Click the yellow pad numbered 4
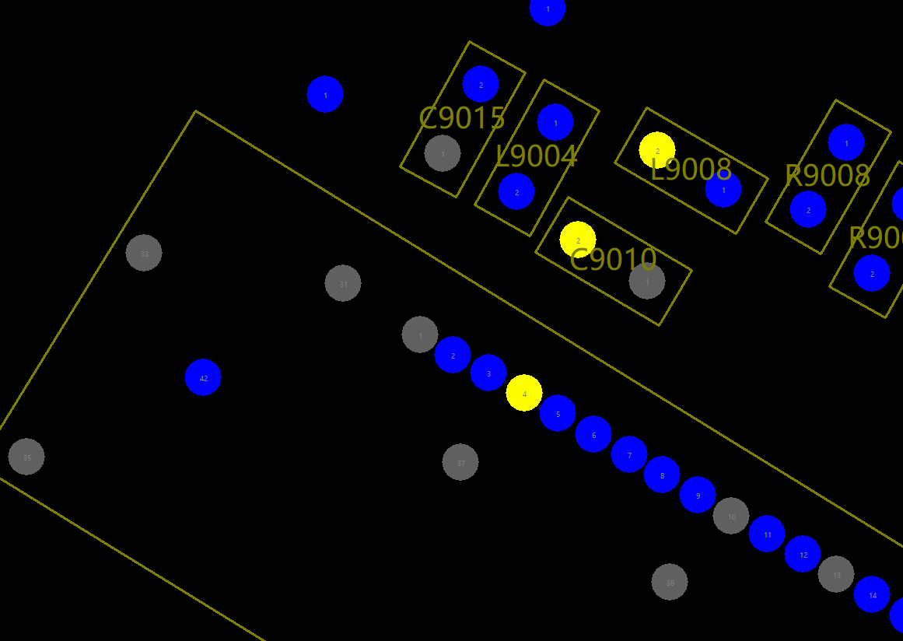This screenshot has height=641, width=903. coord(524,393)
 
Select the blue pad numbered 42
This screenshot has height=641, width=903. coord(203,377)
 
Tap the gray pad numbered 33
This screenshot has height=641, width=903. coord(144,253)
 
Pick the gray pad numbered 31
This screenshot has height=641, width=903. coord(343,283)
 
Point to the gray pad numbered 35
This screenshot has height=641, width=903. coord(26,457)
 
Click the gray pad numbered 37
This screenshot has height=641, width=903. coord(460,462)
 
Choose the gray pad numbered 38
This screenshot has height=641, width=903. coord(670,582)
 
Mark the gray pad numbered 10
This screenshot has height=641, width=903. coord(731,516)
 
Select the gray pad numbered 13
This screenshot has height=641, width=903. coord(836,574)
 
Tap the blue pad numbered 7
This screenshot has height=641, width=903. coord(629,454)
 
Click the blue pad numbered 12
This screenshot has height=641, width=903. coord(803,554)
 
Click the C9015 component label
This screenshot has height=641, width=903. coord(462,118)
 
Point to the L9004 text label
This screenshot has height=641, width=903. coord(536,156)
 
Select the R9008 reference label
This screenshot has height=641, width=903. coord(827,176)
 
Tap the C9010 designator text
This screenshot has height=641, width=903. coord(613,260)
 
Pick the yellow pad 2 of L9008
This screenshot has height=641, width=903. coord(657,150)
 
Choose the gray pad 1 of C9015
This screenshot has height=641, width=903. coord(443,153)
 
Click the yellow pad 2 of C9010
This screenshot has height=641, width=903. coord(578,240)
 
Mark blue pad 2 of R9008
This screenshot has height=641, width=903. coord(808,209)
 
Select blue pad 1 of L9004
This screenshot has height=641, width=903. coord(555,122)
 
